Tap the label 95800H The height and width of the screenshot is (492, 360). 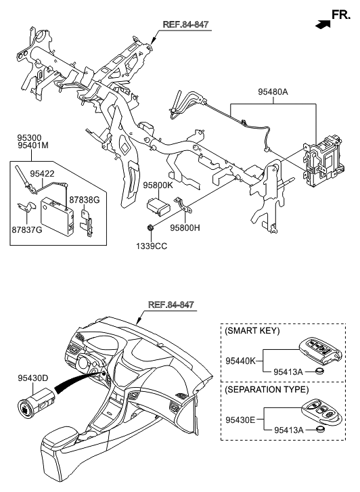pyautogui.click(x=184, y=228)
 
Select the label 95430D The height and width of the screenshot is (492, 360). pyautogui.click(x=32, y=378)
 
